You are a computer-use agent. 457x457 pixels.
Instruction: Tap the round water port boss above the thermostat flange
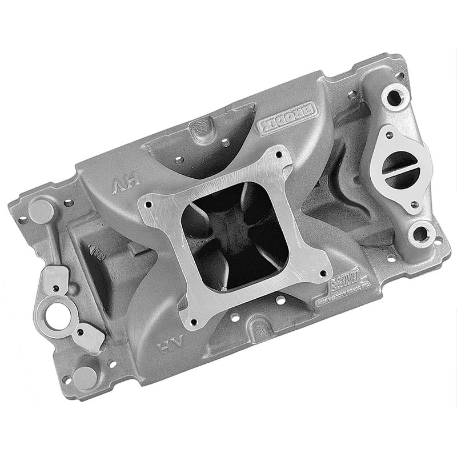(x=395, y=97)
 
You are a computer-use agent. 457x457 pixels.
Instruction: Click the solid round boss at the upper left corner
(x=41, y=210)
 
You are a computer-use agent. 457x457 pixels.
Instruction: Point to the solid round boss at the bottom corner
(x=85, y=378)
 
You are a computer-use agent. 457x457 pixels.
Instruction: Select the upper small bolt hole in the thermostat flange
(x=389, y=136)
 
